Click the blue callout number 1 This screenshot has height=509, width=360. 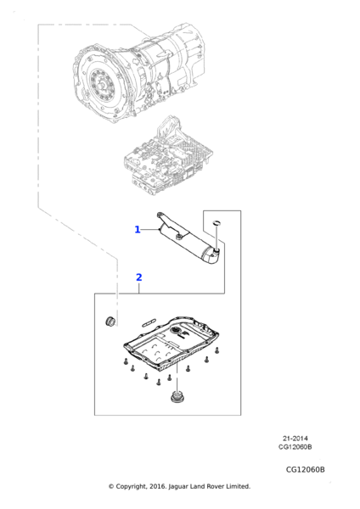138,230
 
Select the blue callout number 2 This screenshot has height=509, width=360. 138,277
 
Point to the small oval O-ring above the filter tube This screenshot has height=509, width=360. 217,222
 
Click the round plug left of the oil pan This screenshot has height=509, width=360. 110,320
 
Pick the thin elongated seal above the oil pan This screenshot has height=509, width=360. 149,322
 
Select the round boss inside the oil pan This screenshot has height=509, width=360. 176,331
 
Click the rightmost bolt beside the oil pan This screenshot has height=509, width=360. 217,350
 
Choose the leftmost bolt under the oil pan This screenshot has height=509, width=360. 125,361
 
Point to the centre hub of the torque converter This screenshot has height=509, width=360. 103,86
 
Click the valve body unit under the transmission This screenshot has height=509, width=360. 168,155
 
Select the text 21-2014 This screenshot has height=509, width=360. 295,439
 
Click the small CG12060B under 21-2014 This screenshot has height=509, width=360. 295,447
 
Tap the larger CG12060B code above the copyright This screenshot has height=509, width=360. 306,469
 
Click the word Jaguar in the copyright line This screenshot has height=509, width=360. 178,486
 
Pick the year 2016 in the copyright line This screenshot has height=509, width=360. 159,486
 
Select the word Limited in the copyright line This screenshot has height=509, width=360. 239,486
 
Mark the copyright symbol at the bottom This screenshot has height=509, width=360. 111,486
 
